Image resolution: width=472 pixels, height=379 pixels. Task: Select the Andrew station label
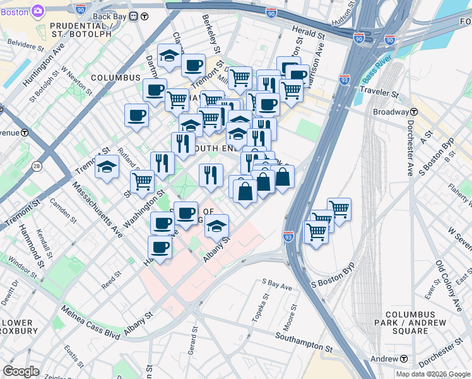(x=385, y=359)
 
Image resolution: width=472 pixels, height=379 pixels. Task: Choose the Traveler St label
(x=377, y=93)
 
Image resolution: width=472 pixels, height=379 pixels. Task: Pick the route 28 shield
(x=37, y=166)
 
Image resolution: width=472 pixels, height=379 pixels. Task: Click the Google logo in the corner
(x=21, y=371)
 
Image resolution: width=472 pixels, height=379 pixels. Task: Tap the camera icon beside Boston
(x=37, y=11)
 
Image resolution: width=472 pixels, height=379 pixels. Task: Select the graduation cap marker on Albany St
(x=216, y=227)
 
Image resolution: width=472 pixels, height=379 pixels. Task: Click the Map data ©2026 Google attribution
(x=432, y=374)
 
